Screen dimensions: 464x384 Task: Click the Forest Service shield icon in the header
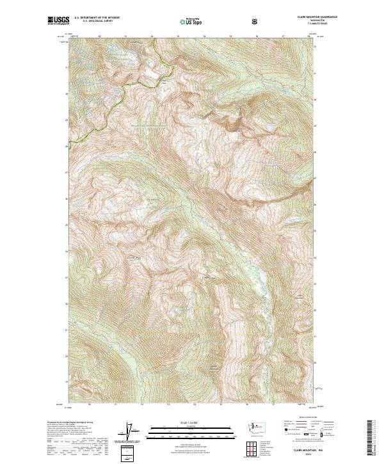coord(255,20)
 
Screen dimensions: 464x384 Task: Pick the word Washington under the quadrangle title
coord(301,21)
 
